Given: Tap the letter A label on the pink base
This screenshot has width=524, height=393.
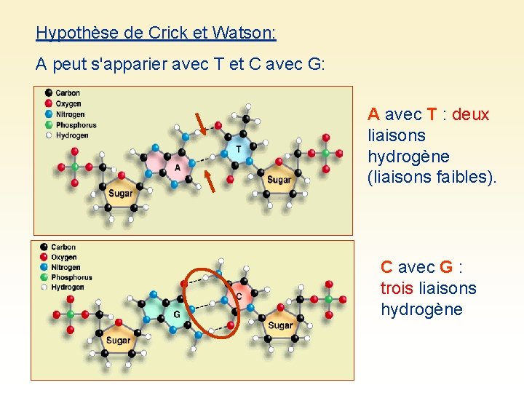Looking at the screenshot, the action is tap(178, 167).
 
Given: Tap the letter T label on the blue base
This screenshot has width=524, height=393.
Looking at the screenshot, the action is tap(238, 148).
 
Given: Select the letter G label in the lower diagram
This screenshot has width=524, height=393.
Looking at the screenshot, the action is tap(176, 314).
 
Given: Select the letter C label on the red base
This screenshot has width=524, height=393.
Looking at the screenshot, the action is tap(239, 296).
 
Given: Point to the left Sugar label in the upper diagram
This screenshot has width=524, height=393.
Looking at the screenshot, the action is tap(121, 194).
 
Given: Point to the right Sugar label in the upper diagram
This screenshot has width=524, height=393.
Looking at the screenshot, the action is tap(279, 180).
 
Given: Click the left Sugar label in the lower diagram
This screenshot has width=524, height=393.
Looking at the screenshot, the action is tap(118, 340).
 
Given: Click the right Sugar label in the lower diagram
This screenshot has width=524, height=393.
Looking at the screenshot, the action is tap(280, 325).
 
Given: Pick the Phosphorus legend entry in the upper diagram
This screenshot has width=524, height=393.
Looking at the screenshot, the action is tap(76, 124).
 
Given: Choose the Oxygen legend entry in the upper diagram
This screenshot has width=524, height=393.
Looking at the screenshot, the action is tap(68, 103).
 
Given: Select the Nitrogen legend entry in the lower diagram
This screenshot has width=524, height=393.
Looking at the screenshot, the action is tap(68, 267).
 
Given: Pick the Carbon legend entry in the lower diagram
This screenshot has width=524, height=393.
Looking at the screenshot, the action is tap(63, 247).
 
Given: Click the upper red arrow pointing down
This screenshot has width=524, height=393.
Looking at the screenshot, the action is tap(199, 124).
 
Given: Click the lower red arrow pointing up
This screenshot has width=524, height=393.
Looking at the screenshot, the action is tap(209, 181).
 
